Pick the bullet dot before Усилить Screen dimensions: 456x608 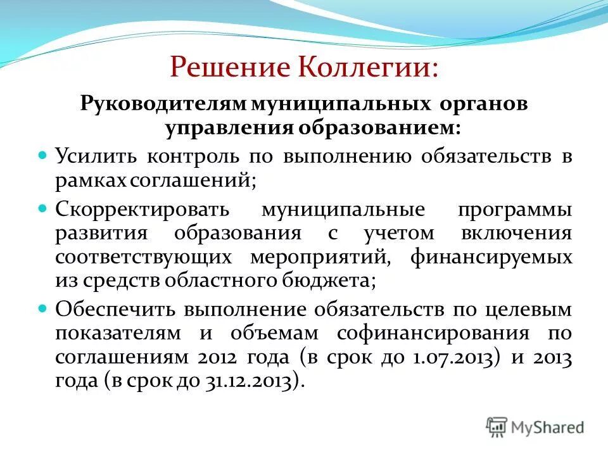pyautogui.click(x=43, y=155)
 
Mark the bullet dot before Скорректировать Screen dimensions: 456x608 pyautogui.click(x=43, y=206)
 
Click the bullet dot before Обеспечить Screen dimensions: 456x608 pyautogui.click(x=43, y=307)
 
